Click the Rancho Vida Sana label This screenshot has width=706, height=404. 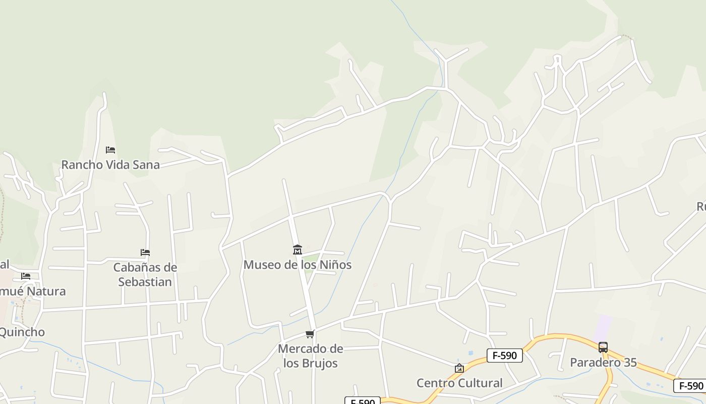tap(110, 165)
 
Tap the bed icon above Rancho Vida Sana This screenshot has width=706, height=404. tap(110, 150)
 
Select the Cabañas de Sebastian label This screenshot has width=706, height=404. tap(145, 274)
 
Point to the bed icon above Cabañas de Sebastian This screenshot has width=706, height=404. tap(145, 252)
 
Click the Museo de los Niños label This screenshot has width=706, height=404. tap(297, 265)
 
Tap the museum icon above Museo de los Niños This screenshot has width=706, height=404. tap(297, 250)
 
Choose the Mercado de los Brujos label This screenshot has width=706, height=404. tap(310, 356)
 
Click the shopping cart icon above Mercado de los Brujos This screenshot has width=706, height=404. tap(310, 334)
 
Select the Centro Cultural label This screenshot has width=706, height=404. tap(459, 383)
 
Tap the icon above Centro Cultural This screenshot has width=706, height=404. tap(459, 368)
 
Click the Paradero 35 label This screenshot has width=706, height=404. tap(603, 362)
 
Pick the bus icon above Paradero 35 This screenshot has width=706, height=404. tap(603, 347)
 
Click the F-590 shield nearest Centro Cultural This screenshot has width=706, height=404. tap(504, 356)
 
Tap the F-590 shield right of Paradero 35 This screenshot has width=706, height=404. tap(690, 386)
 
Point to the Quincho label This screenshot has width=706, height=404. tap(22, 332)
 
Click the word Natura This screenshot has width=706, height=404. tap(46, 291)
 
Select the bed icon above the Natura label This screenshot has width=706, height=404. tap(26, 276)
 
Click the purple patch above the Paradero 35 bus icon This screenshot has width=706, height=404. tap(602, 328)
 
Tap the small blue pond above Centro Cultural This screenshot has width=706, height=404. tap(470, 353)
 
